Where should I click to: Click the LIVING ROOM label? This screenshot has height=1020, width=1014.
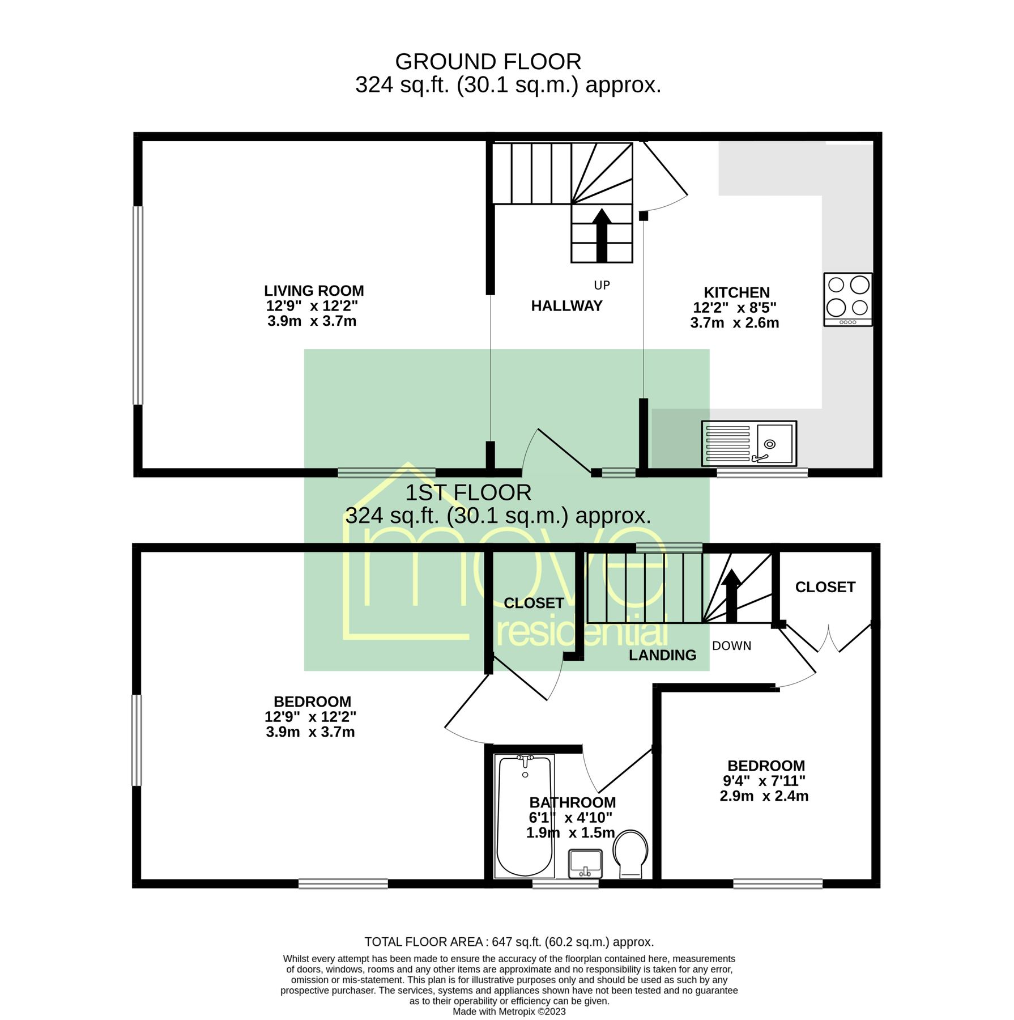click(x=313, y=291)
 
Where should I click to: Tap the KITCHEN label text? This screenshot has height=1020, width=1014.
click(x=736, y=293)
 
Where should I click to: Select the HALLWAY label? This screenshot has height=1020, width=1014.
click(x=566, y=306)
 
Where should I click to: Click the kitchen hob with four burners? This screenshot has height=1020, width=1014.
click(x=847, y=299)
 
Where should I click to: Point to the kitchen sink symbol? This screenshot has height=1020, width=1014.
click(x=748, y=444)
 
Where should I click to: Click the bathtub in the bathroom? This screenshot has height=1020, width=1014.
click(x=524, y=816)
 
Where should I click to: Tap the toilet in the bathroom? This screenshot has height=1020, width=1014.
click(x=630, y=853)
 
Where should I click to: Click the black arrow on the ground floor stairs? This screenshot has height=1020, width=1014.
click(x=602, y=235)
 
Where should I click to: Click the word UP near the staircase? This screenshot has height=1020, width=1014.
click(x=602, y=286)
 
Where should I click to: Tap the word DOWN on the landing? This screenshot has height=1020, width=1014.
click(x=731, y=646)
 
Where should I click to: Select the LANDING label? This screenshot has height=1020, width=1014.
click(x=662, y=655)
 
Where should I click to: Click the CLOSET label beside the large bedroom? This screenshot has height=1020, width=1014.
click(x=533, y=603)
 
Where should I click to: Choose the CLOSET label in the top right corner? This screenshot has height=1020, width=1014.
click(x=824, y=587)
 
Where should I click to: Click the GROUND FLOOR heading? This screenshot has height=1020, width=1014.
click(x=488, y=62)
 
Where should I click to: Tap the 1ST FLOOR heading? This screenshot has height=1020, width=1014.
click(x=468, y=492)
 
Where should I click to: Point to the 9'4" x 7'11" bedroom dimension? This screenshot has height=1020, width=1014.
click(x=764, y=781)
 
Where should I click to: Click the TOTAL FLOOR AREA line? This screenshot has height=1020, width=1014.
click(x=508, y=942)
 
